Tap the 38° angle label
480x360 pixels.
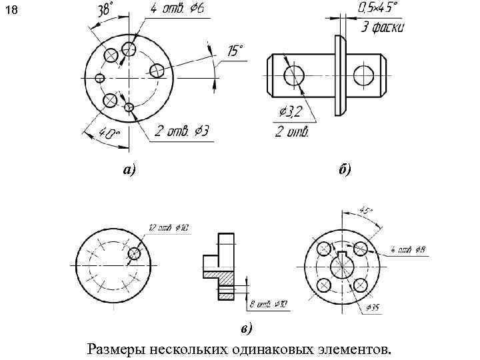105,11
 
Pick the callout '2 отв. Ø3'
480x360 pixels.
181,131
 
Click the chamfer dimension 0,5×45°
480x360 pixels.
378,9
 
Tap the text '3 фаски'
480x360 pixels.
382,28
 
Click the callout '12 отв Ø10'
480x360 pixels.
168,229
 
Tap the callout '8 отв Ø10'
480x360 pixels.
268,305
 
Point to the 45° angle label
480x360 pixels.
366,211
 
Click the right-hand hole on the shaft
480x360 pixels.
364,75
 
